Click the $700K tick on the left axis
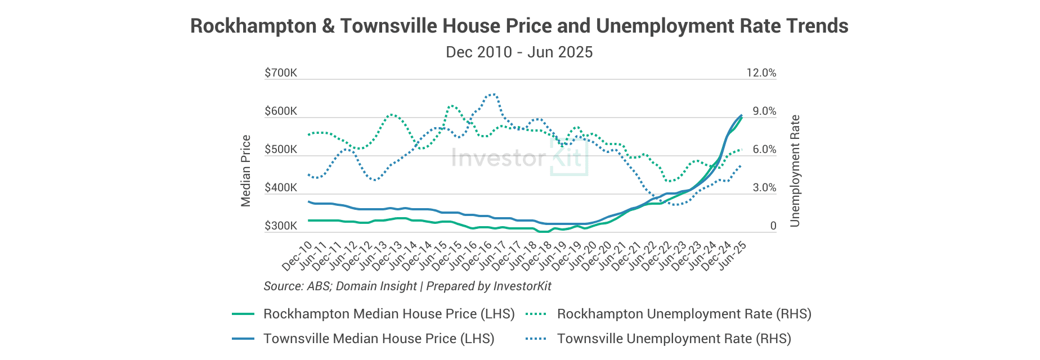pyautogui.click(x=281, y=73)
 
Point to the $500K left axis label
pyautogui.click(x=281, y=150)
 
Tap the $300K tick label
pyautogui.click(x=281, y=226)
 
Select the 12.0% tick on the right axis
pyautogui.click(x=761, y=73)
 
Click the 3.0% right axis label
pyautogui.click(x=764, y=188)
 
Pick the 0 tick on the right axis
pyautogui.click(x=773, y=226)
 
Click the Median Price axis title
pyautogui.click(x=246, y=171)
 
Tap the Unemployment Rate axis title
pyautogui.click(x=795, y=171)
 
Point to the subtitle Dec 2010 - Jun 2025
pyautogui.click(x=519, y=52)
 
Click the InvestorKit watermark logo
pyautogui.click(x=519, y=157)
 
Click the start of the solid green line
pyautogui.click(x=309, y=220)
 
